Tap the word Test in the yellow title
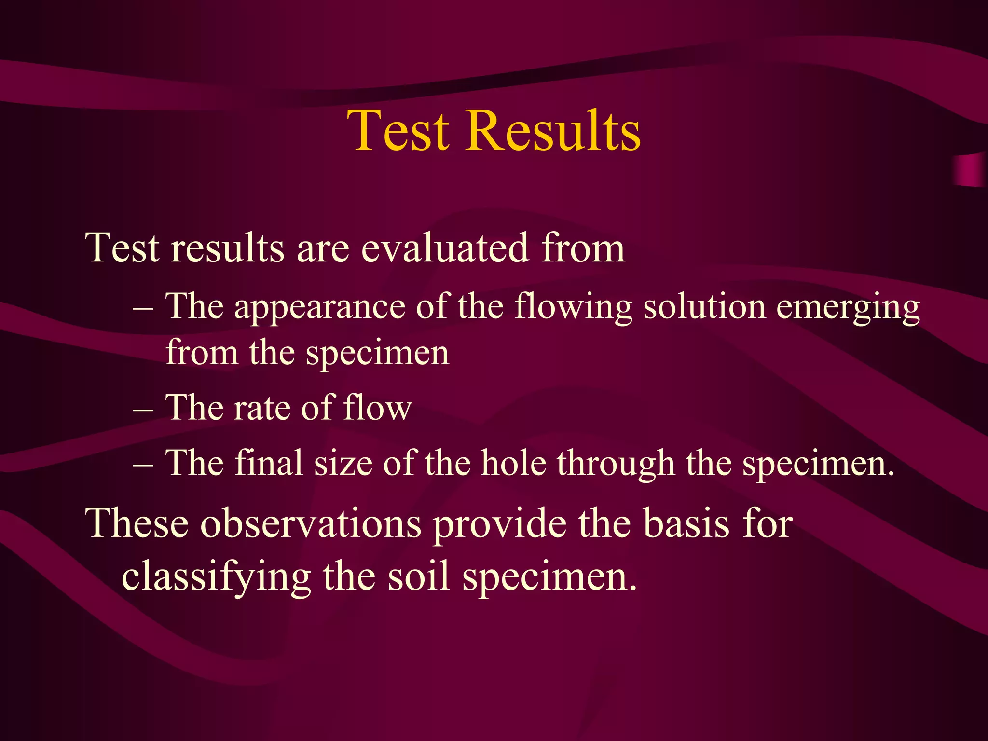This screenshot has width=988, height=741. tap(398, 131)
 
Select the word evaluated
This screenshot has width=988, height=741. tap(445, 248)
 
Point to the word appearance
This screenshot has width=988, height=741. tap(319, 307)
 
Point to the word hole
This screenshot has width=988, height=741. tap(514, 463)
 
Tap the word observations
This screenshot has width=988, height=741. tap(311, 524)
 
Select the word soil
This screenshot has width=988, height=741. tap(418, 577)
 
